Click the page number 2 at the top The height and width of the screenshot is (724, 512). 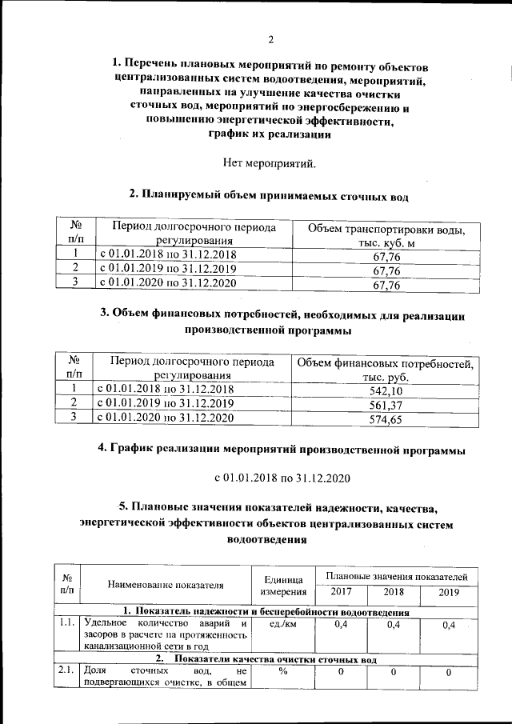[270, 40]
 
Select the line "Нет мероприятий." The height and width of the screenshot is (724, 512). [270, 165]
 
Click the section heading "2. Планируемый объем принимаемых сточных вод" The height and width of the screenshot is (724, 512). [269, 194]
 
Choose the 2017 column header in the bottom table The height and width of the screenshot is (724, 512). [341, 593]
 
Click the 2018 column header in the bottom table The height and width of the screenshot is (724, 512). [393, 593]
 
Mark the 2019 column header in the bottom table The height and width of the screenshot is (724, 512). [448, 593]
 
